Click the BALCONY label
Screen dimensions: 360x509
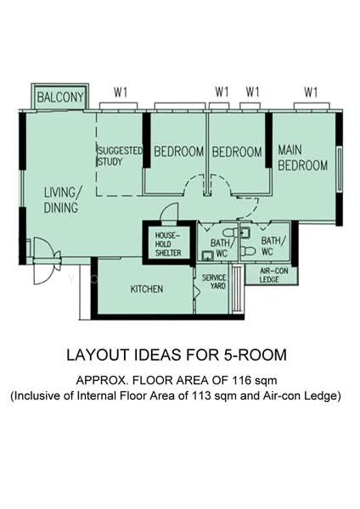pyautogui.click(x=60, y=97)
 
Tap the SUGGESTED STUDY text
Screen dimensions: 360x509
pyautogui.click(x=120, y=156)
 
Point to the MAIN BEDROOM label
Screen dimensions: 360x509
pyautogui.click(x=302, y=158)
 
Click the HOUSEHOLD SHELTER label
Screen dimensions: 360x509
pyautogui.click(x=168, y=244)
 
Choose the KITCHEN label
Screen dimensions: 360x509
pyautogui.click(x=147, y=289)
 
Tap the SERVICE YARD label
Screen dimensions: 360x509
pyautogui.click(x=214, y=282)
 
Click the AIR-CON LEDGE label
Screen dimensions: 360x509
pyautogui.click(x=272, y=275)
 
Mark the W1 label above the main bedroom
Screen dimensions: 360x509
pyautogui.click(x=311, y=92)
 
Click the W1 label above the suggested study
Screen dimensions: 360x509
pyautogui.click(x=121, y=92)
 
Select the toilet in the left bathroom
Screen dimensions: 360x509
pyautogui.click(x=230, y=232)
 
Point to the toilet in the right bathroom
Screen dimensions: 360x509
pyautogui.click(x=249, y=251)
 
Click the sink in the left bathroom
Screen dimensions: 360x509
pyautogui.click(x=207, y=255)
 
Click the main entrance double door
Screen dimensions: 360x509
pyautogui.click(x=46, y=260)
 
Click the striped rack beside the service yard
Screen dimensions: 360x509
pyautogui.click(x=238, y=289)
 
